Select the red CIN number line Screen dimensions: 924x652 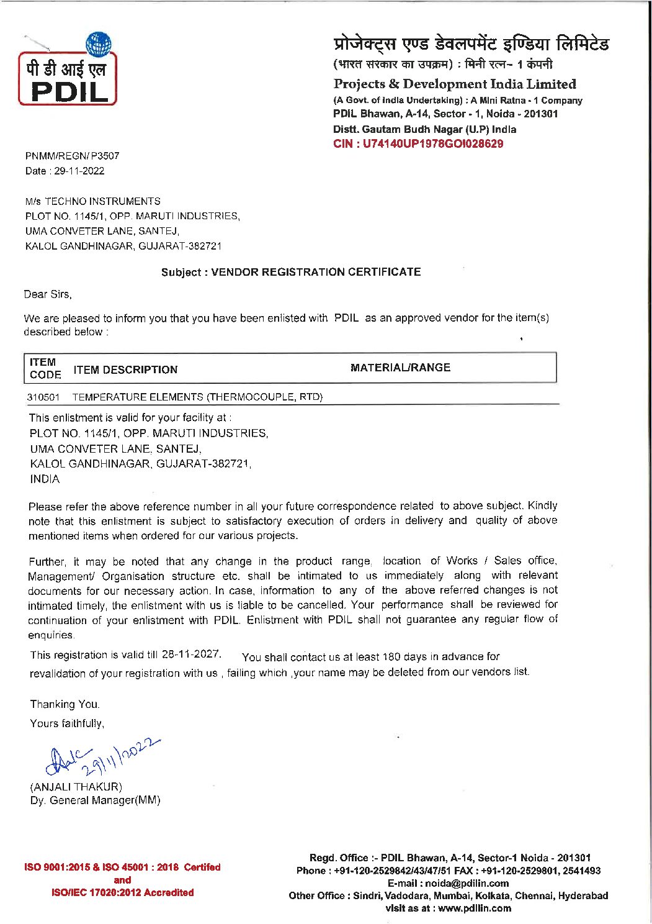tap(418, 144)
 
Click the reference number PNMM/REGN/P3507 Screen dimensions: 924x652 tap(72, 156)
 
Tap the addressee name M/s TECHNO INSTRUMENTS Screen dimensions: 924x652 tap(93, 201)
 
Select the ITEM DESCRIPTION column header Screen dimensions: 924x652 tap(125, 369)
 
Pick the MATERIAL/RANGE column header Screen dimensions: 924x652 tap(400, 368)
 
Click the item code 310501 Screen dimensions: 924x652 tap(43, 397)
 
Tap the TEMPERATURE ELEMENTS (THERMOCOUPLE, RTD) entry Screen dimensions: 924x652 tap(197, 397)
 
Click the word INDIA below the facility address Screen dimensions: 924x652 tap(45, 479)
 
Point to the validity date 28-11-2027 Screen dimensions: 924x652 tap(190, 654)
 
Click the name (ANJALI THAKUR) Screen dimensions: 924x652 tap(76, 786)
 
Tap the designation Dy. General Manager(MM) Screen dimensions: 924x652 tap(95, 800)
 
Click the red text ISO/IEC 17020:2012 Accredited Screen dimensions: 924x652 tap(122, 892)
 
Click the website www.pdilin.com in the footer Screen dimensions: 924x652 tap(475, 908)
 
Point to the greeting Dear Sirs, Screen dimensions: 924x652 tap(48, 294)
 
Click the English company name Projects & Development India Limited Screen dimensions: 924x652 tap(455, 84)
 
